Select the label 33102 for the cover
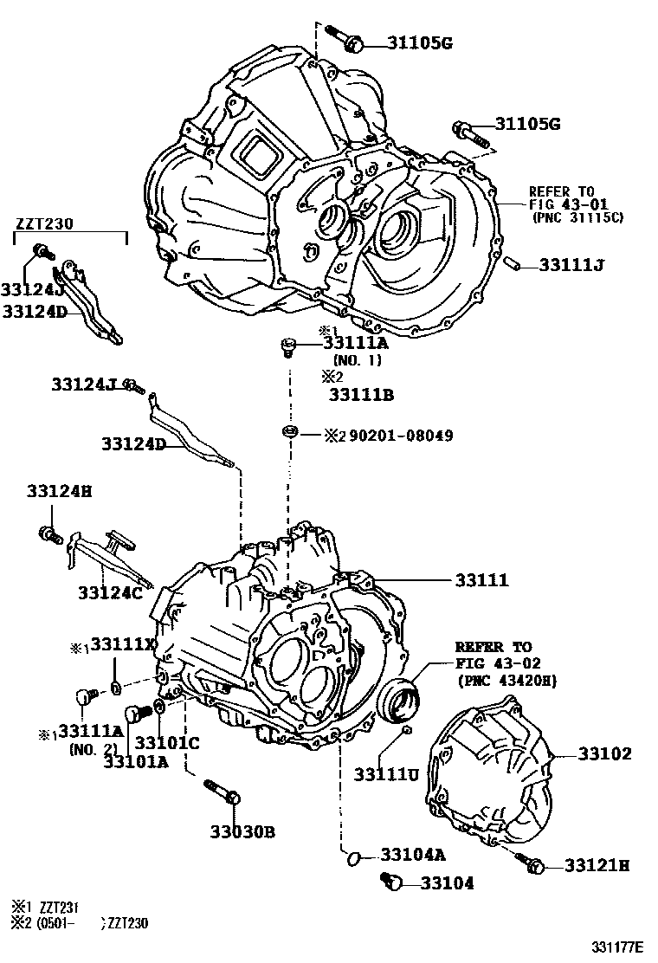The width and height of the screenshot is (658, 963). coord(604,754)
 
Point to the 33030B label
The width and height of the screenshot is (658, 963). coord(242,832)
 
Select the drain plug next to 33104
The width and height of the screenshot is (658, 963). coord(394,882)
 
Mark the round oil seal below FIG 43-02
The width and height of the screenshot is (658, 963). coord(399,700)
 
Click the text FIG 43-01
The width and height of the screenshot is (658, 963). coord(563,204)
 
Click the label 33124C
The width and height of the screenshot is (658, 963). coord(109,592)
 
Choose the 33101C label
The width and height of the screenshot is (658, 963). coord(167,742)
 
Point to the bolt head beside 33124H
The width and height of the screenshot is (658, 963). coord(47,533)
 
